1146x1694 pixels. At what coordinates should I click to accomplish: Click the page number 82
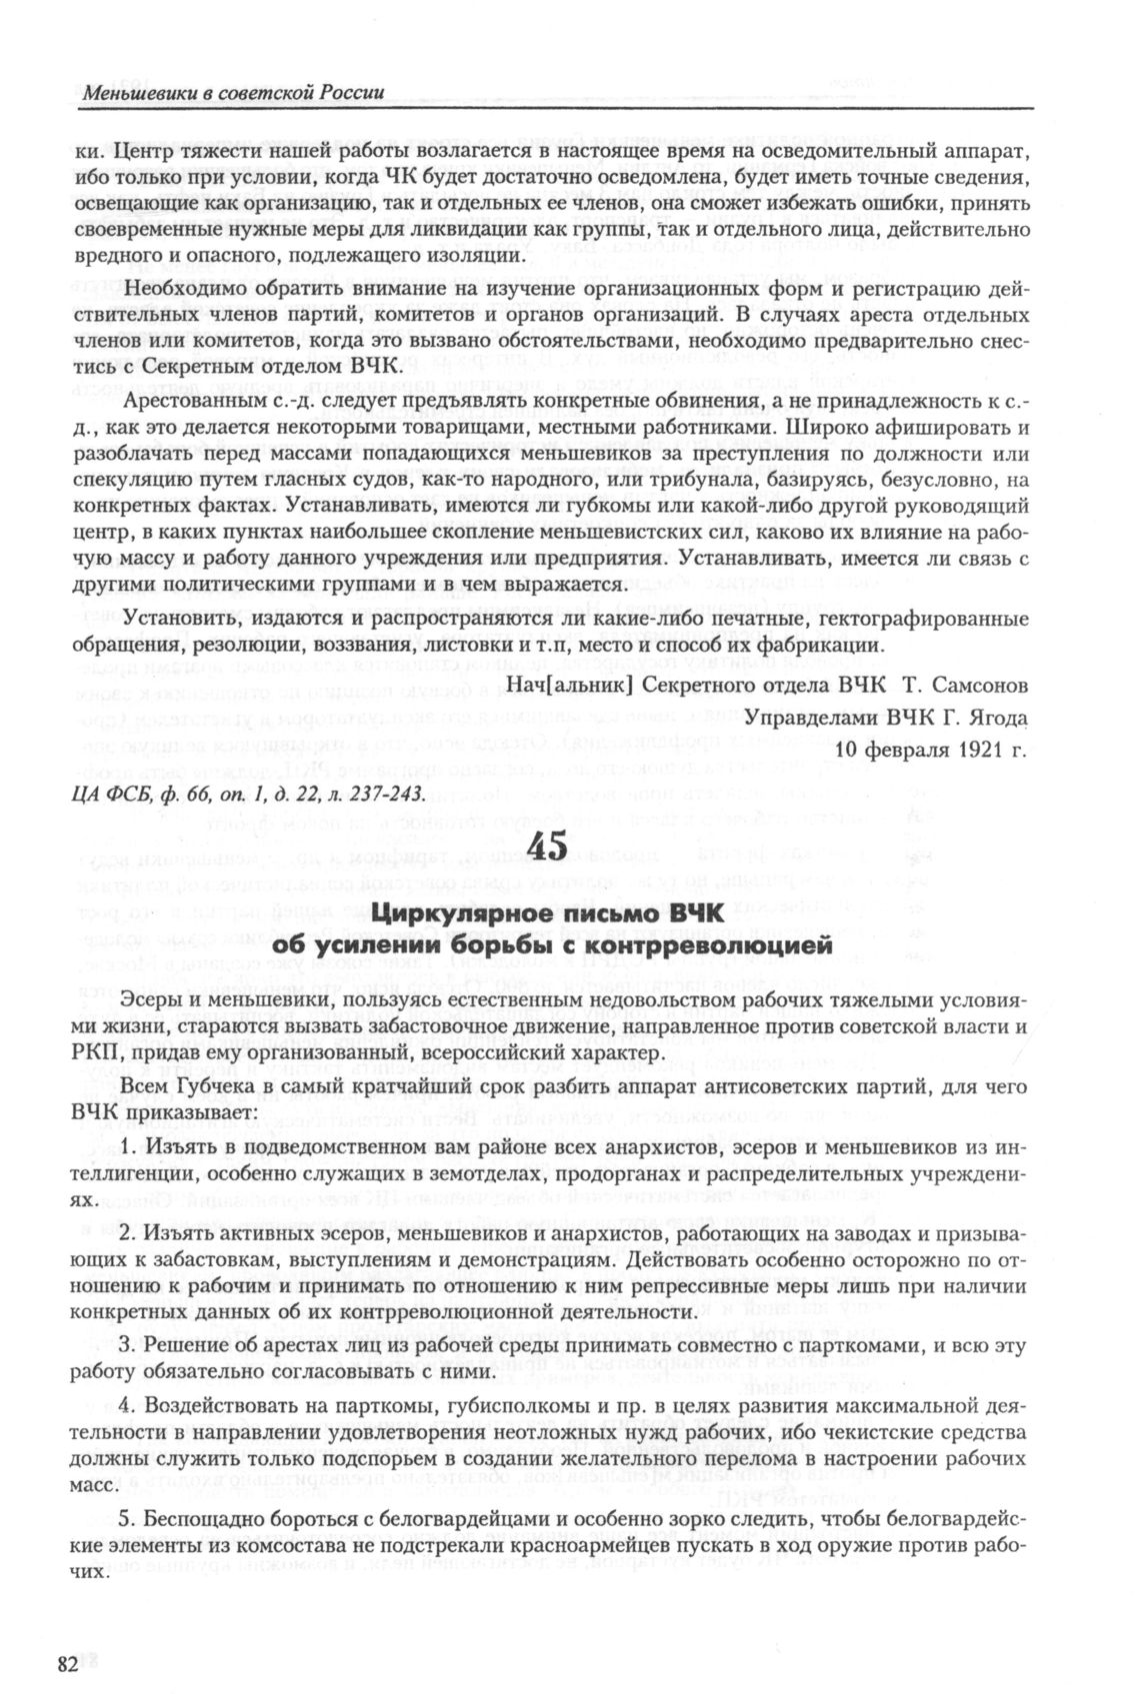(x=67, y=1663)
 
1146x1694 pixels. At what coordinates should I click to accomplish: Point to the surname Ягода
(x=989, y=718)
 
